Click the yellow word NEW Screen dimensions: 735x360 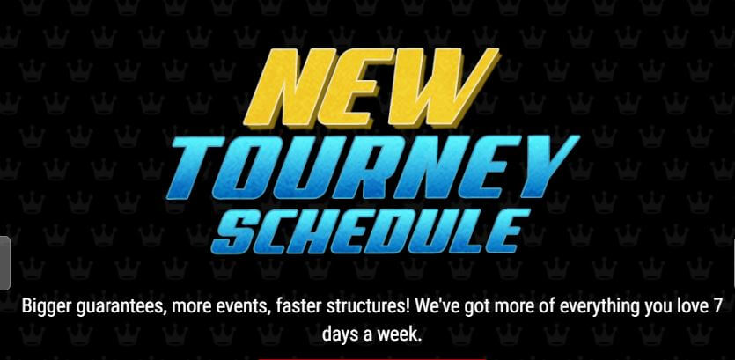coord(371,87)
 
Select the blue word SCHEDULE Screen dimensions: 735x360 coord(371,231)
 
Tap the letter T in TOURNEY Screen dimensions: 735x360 coord(197,167)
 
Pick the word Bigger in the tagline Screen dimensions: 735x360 coord(45,308)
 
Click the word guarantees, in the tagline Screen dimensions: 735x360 coord(120,309)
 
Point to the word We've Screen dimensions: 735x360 coord(438,307)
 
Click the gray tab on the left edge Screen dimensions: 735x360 coord(4,263)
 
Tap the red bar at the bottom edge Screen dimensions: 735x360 coord(372,358)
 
